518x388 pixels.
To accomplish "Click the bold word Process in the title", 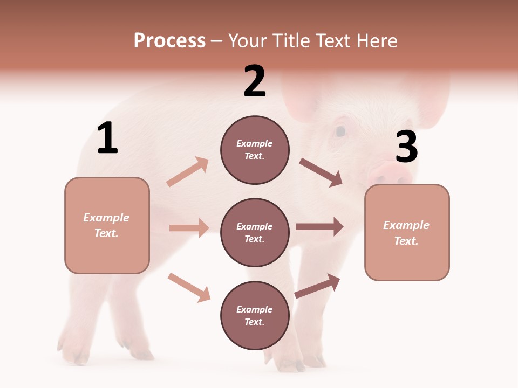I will (169, 40).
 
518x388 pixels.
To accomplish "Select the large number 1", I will (107, 138).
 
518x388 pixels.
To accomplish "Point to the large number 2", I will (255, 81).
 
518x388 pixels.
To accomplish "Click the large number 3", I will (406, 147).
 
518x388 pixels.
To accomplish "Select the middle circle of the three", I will (255, 232).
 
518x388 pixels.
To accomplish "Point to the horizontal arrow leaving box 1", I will (189, 228).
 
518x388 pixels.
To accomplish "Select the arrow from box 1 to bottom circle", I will (189, 287).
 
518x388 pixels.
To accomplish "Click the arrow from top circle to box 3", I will (321, 172).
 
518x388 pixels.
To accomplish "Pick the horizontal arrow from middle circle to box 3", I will (319, 227).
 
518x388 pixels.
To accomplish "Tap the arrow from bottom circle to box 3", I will (317, 286).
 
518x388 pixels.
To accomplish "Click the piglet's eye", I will (340, 131).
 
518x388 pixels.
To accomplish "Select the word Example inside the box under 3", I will (406, 225).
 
